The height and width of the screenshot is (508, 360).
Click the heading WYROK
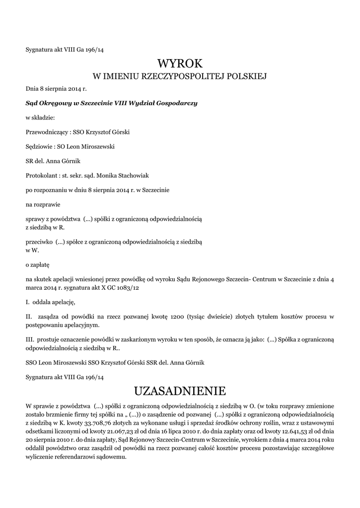click(x=180, y=63)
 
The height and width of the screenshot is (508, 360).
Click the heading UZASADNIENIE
click(x=180, y=389)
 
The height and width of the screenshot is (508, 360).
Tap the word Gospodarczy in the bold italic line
click(x=176, y=103)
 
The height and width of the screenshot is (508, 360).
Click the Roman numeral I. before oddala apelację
click(x=27, y=302)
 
